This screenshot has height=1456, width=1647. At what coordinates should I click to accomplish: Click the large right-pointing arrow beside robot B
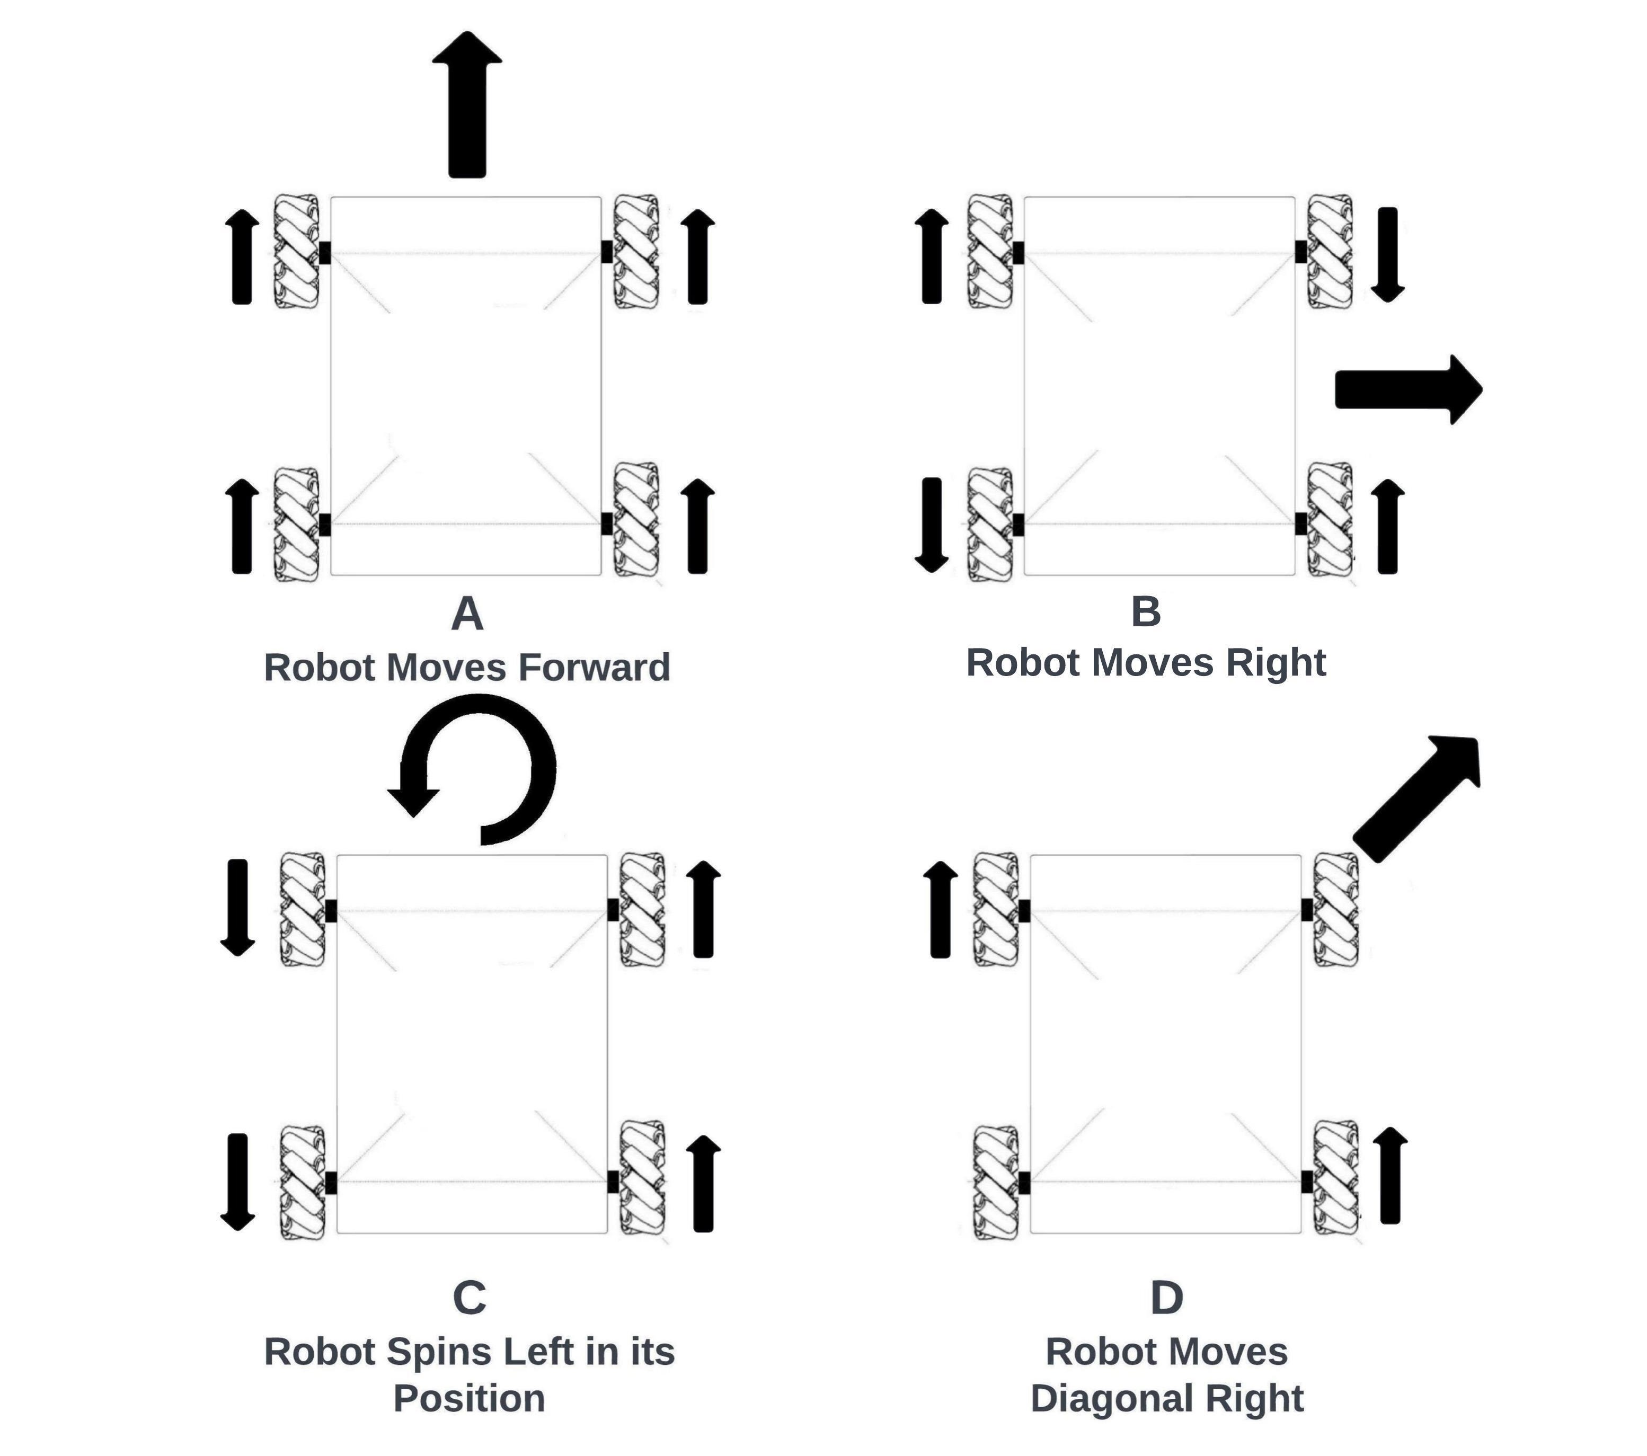pyautogui.click(x=1406, y=389)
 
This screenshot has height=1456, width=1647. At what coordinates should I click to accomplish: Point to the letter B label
pyautogui.click(x=1146, y=611)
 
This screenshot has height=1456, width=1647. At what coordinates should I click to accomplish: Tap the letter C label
pyautogui.click(x=469, y=1297)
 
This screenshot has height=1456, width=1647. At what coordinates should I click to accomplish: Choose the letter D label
pyautogui.click(x=1166, y=1297)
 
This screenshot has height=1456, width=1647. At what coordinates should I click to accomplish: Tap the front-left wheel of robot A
pyautogui.click(x=297, y=251)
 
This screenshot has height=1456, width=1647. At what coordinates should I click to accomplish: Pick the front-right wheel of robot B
pyautogui.click(x=1330, y=251)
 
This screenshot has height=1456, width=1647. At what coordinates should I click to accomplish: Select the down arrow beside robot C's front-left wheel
pyautogui.click(x=238, y=907)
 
